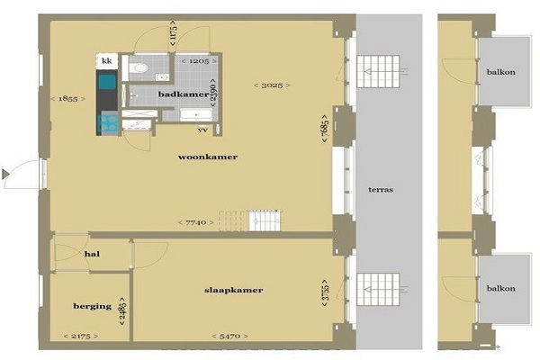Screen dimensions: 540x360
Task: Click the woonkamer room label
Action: coord(208,157)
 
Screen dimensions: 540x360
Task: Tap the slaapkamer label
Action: coord(233,290)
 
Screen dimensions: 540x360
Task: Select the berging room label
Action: coord(93,306)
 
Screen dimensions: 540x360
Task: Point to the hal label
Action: coord(92,254)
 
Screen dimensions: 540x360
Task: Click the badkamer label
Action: coord(184,94)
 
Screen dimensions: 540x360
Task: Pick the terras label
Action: coord(381,190)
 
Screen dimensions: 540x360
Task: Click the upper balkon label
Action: coord(501,72)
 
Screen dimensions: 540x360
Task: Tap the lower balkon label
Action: coord(501,288)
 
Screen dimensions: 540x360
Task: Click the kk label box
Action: coord(107,61)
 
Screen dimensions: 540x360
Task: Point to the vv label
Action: coord(202,130)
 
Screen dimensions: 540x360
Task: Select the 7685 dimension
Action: coord(325,129)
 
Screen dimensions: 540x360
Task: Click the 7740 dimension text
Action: coord(196,222)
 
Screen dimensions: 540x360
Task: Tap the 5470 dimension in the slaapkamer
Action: coord(229,336)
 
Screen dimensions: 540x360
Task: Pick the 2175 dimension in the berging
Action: coord(81,336)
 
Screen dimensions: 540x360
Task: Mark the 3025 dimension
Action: coord(272,85)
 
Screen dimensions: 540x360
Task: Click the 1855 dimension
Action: coord(67,99)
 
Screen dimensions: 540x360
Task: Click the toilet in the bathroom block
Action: coord(139,67)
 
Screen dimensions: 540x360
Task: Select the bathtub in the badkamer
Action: coord(196,114)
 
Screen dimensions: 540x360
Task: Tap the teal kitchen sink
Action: coord(107,82)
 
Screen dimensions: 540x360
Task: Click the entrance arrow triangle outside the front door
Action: coord(4,174)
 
